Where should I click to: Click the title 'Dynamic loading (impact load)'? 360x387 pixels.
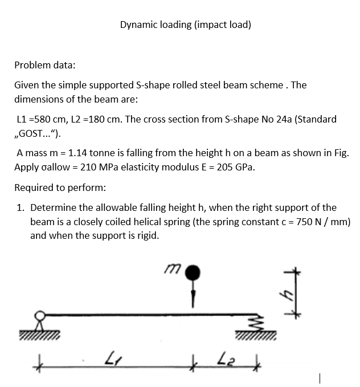tap(186, 25)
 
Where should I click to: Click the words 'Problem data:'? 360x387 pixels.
tap(44, 65)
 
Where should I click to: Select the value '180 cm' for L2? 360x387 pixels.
tap(107, 119)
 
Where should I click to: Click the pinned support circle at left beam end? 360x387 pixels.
tap(40, 316)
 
